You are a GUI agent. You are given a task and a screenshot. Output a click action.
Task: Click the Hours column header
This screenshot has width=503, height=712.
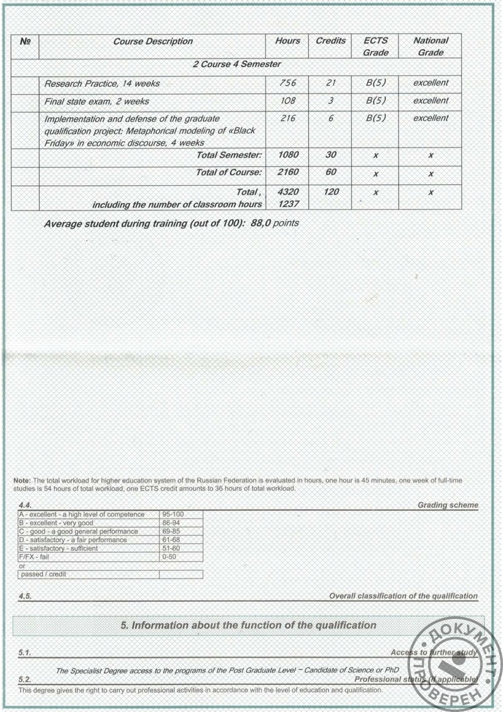tap(287, 41)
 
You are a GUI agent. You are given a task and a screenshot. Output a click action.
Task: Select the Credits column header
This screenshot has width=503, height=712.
tap(331, 41)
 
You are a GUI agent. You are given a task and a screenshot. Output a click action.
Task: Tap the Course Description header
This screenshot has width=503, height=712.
tap(153, 41)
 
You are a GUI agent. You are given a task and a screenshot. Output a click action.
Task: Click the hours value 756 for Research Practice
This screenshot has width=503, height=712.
tap(287, 83)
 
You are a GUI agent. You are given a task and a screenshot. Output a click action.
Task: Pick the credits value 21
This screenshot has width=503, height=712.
tap(331, 83)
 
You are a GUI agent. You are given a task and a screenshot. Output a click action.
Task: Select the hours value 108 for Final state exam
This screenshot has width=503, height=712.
tap(287, 101)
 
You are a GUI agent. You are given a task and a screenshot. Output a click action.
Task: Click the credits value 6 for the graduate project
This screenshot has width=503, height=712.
tap(331, 118)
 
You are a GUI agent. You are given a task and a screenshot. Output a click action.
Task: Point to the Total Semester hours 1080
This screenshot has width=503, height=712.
tap(287, 155)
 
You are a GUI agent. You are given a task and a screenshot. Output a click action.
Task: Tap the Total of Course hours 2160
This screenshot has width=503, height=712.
tap(287, 172)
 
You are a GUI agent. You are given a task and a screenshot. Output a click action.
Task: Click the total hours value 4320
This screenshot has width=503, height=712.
tap(287, 191)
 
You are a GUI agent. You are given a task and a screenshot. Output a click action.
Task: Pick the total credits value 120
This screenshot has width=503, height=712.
tap(331, 191)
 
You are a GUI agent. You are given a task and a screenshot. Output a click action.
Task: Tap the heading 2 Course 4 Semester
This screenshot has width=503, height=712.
tap(236, 64)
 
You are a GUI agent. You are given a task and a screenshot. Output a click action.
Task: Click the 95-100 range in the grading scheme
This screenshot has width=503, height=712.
tap(172, 515)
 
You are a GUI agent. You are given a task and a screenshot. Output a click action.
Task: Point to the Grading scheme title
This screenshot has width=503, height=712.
tap(448, 505)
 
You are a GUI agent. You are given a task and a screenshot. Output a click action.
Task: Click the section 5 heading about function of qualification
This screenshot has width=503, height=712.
tap(248, 625)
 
